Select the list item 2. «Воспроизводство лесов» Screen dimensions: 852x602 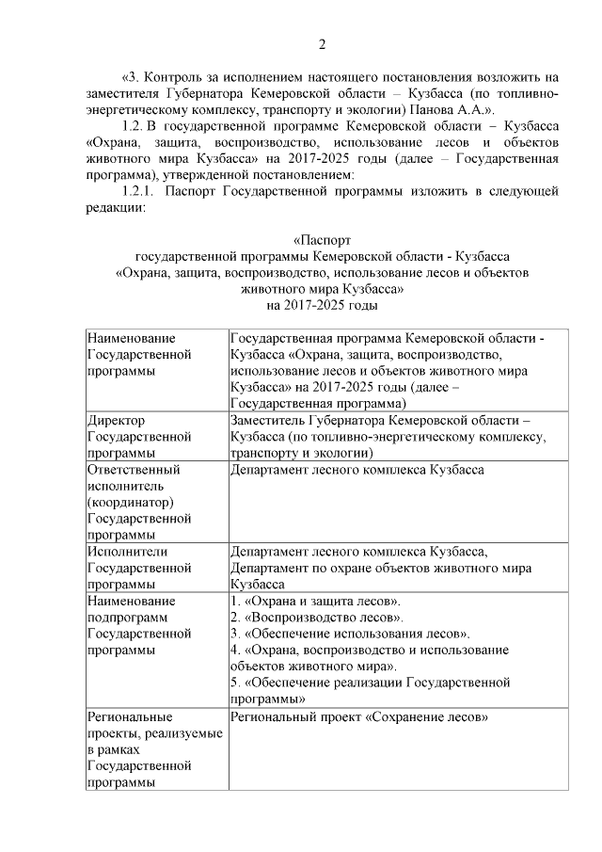(317, 618)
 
